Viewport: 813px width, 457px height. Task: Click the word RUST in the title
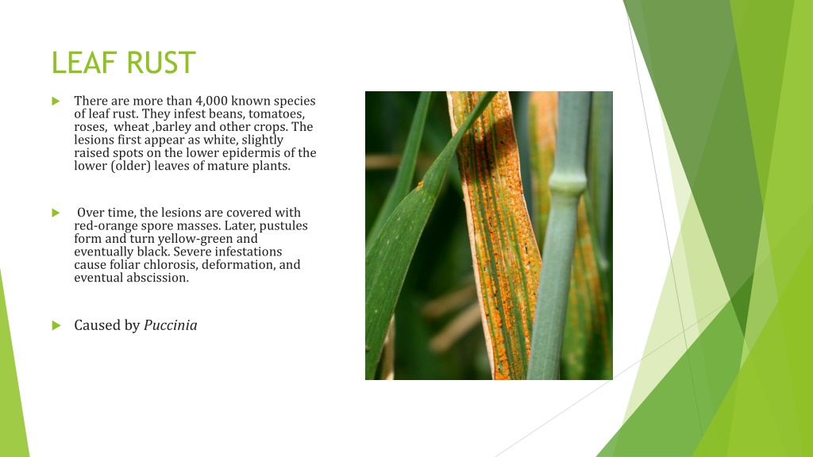click(161, 63)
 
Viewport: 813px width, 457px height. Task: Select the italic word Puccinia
click(170, 325)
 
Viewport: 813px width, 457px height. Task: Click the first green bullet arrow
click(56, 101)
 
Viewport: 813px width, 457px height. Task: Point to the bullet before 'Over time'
click(56, 213)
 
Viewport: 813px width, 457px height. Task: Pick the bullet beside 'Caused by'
click(56, 325)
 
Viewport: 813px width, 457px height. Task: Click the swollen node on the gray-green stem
click(568, 183)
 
